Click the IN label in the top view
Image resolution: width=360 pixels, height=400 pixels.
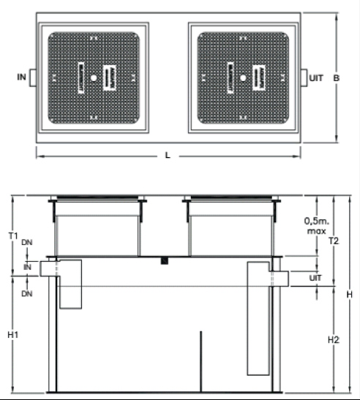[x=22, y=77]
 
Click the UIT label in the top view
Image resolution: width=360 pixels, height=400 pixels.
[x=316, y=78]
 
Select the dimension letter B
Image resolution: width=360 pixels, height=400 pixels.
[x=337, y=78]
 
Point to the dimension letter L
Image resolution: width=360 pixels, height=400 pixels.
[x=168, y=155]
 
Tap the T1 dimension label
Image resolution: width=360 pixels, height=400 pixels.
[x=13, y=236]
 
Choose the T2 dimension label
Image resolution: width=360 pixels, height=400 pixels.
[x=334, y=241]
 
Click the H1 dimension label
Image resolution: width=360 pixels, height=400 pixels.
[x=13, y=334]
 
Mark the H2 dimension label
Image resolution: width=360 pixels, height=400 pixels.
[x=334, y=339]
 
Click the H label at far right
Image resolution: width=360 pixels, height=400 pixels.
[x=350, y=295]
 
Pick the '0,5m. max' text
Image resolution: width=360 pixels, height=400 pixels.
[x=317, y=226]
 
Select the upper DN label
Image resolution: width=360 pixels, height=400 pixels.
[x=27, y=242]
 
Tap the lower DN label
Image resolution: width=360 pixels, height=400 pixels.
[x=27, y=294]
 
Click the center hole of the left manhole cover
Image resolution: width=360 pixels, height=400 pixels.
[x=94, y=78]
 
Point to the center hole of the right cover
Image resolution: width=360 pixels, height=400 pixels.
[x=243, y=78]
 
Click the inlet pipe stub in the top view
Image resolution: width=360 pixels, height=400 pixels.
[x=33, y=78]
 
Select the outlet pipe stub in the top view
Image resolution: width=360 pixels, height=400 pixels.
[x=304, y=78]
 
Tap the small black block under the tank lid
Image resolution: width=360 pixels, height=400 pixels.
[x=165, y=261]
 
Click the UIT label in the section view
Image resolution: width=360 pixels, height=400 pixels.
[x=315, y=278]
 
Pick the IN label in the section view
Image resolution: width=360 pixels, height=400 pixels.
[x=27, y=267]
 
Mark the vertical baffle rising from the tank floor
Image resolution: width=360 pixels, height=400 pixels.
[x=201, y=361]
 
